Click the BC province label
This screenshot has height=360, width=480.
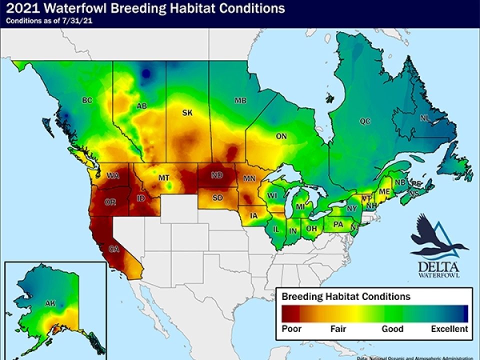pyautogui.click(x=87, y=100)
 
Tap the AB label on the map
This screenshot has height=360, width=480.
pyautogui.click(x=141, y=106)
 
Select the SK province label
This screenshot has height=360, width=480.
pyautogui.click(x=187, y=113)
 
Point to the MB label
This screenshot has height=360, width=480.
pyautogui.click(x=240, y=100)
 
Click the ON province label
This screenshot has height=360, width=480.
pyautogui.click(x=281, y=135)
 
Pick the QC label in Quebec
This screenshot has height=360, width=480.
pyautogui.click(x=364, y=121)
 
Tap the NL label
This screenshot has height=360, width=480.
pyautogui.click(x=425, y=118)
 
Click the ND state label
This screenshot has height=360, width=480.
pyautogui.click(x=216, y=175)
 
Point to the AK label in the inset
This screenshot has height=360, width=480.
pyautogui.click(x=50, y=303)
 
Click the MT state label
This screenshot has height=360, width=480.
pyautogui.click(x=163, y=178)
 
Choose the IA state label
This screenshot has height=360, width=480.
pyautogui.click(x=253, y=216)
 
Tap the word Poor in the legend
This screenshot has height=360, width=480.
pyautogui.click(x=291, y=329)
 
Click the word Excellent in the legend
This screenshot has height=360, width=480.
pyautogui.click(x=449, y=329)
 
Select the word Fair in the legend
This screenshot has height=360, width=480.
pyautogui.click(x=338, y=329)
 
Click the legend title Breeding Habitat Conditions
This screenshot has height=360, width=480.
pyautogui.click(x=346, y=296)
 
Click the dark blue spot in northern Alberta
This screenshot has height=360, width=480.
pyautogui.click(x=146, y=74)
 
